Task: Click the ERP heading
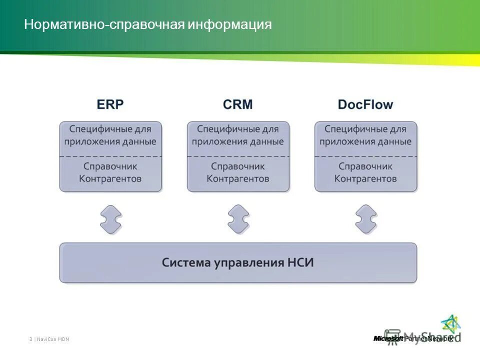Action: pyautogui.click(x=110, y=104)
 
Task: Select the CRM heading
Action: pyautogui.click(x=238, y=104)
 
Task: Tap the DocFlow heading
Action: pyautogui.click(x=365, y=104)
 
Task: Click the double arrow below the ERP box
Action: pyautogui.click(x=110, y=219)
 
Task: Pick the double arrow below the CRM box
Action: pyautogui.click(x=238, y=219)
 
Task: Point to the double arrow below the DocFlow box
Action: pyautogui.click(x=365, y=219)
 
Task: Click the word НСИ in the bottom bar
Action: pyautogui.click(x=301, y=262)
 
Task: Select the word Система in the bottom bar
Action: pyautogui.click(x=185, y=262)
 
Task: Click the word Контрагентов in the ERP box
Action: pyautogui.click(x=110, y=178)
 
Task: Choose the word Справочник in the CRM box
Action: pyautogui.click(x=238, y=166)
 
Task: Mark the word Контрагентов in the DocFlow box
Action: pyautogui.click(x=365, y=178)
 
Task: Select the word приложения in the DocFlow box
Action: pyautogui.click(x=342, y=141)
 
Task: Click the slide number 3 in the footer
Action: pyautogui.click(x=30, y=339)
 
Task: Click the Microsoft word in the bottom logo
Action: pyautogui.click(x=388, y=338)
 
